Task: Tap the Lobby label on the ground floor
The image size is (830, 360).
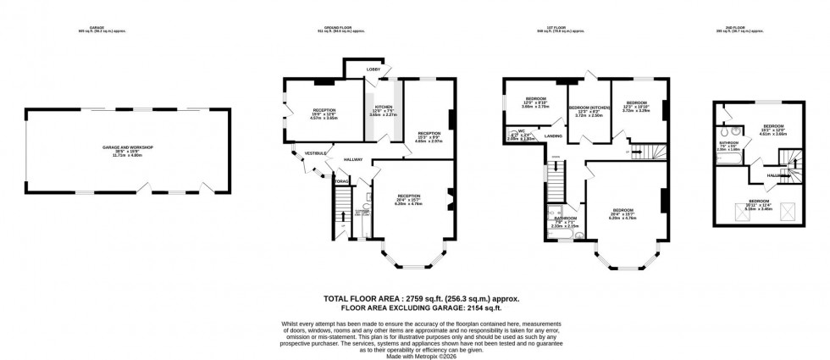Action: click(x=373, y=68)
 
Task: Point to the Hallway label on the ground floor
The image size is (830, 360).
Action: click(x=353, y=159)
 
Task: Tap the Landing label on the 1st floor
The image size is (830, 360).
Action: click(x=555, y=135)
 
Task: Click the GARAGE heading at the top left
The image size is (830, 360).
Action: click(x=84, y=29)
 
